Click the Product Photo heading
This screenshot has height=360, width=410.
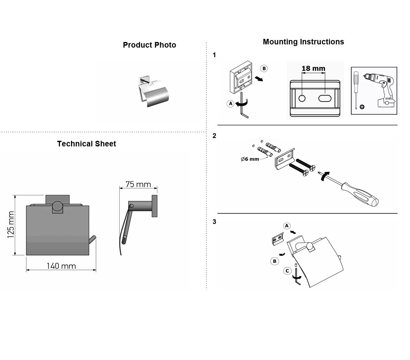(x=149, y=45)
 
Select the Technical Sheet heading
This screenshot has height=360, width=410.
(x=86, y=144)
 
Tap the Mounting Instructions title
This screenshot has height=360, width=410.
(x=303, y=42)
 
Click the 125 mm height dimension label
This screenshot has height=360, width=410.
(x=11, y=225)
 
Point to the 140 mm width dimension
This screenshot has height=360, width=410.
(x=61, y=266)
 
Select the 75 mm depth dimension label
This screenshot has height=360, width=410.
(x=138, y=184)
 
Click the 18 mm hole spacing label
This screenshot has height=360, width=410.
(x=313, y=68)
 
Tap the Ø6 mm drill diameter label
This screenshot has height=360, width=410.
(x=250, y=159)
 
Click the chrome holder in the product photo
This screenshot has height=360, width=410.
(x=153, y=92)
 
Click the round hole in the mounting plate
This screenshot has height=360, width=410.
(x=302, y=98)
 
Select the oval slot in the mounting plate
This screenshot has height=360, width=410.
(x=325, y=98)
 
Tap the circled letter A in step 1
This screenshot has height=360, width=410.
(x=230, y=104)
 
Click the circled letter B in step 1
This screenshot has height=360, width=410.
(x=264, y=68)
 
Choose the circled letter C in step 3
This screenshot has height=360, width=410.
(x=287, y=271)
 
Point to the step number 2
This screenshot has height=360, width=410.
(x=215, y=136)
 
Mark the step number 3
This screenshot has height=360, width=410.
(x=215, y=222)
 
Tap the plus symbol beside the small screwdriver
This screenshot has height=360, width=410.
(x=362, y=106)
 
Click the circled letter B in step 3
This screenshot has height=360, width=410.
(x=275, y=261)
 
